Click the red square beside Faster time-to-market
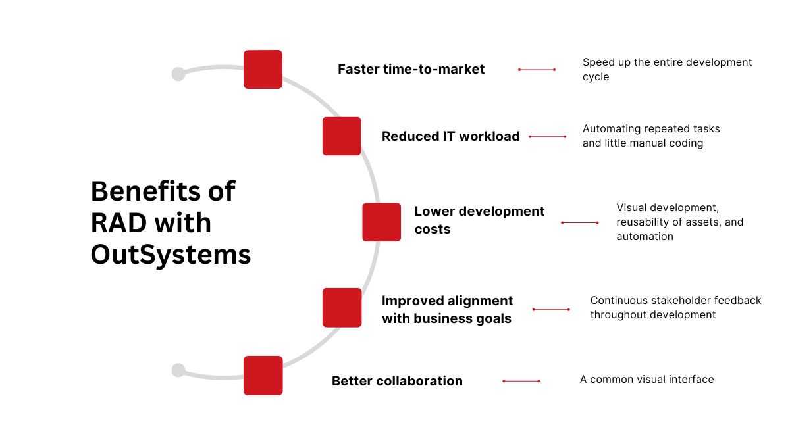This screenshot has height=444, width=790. click(263, 69)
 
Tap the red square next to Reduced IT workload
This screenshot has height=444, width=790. click(342, 136)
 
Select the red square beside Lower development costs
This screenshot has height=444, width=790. click(381, 222)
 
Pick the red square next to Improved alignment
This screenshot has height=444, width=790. click(342, 307)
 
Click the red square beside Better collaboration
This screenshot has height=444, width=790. click(263, 376)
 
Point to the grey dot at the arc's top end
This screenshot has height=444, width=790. click(178, 74)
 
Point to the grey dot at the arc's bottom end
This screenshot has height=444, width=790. click(178, 370)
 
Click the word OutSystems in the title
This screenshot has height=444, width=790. click(171, 255)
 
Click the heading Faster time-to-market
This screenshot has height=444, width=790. click(411, 69)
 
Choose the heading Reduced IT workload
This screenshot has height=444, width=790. click(450, 136)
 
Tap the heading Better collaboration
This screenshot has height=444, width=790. click(397, 381)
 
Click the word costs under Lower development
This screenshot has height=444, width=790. click(433, 229)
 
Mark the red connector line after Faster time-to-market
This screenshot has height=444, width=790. click(537, 69)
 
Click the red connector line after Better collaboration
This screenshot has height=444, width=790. click(521, 381)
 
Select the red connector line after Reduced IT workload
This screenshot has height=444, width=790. click(547, 137)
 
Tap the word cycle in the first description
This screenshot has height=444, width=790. click(596, 76)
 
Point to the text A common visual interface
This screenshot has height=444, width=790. click(646, 379)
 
